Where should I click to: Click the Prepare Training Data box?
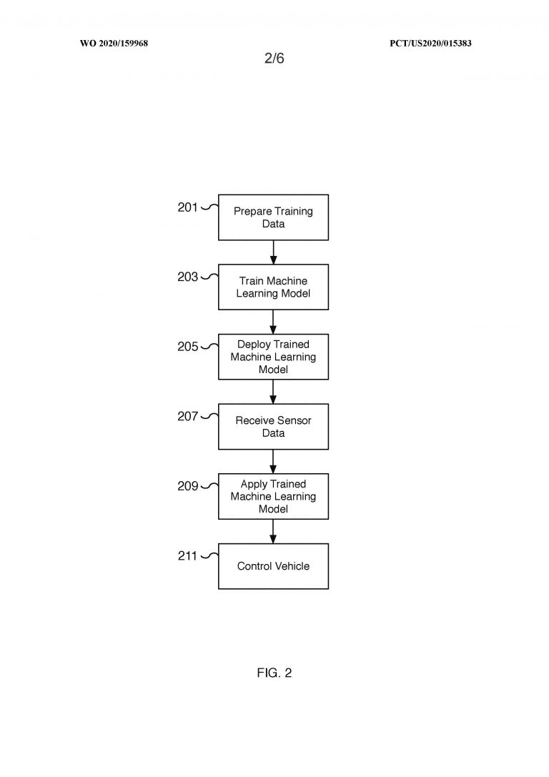pyautogui.click(x=274, y=217)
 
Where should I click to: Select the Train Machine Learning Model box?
pyautogui.click(x=274, y=287)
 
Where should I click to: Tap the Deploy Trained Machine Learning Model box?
pyautogui.click(x=274, y=357)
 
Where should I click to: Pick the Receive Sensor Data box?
pyautogui.click(x=274, y=427)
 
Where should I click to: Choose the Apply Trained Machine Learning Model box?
pyautogui.click(x=274, y=497)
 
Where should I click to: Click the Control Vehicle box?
pyautogui.click(x=274, y=566)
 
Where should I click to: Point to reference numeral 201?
pyautogui.click(x=188, y=207)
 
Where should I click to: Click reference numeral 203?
pyautogui.click(x=188, y=277)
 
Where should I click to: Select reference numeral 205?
pyautogui.click(x=188, y=347)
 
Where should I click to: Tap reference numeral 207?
pyautogui.click(x=188, y=416)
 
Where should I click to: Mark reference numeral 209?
pyautogui.click(x=188, y=486)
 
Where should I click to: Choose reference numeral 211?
pyautogui.click(x=188, y=556)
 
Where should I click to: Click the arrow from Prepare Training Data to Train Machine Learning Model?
pyautogui.click(x=273, y=252)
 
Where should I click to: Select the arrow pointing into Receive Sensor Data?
pyautogui.click(x=273, y=392)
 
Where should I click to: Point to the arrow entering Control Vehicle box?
pyautogui.click(x=273, y=532)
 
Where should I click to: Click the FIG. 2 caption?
pyautogui.click(x=274, y=673)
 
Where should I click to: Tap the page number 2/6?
pyautogui.click(x=274, y=58)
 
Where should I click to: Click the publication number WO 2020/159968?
pyautogui.click(x=114, y=43)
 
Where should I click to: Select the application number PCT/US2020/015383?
pyautogui.click(x=430, y=43)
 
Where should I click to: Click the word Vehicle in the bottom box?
pyautogui.click(x=292, y=566)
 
